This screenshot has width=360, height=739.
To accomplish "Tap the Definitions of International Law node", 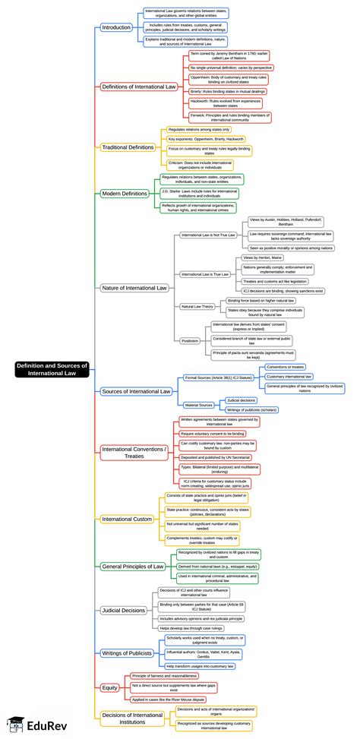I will [138, 87].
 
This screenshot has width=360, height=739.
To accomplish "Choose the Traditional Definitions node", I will [128, 147].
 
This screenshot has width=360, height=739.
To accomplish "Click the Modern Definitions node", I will [125, 194].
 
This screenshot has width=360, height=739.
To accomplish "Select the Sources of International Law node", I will [135, 391].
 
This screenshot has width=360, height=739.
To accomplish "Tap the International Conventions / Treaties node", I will [133, 453].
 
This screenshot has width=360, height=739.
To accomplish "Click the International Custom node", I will [128, 520].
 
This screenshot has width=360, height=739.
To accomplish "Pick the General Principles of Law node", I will [132, 566].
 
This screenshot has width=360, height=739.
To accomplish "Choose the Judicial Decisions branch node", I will [125, 610].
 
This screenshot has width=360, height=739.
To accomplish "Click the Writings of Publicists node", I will [127, 652].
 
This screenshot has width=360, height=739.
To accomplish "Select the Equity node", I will [110, 687].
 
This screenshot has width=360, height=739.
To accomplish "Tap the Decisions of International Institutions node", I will [133, 718].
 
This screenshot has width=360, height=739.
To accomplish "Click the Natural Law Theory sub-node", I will [196, 306].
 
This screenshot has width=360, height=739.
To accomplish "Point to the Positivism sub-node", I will [190, 341].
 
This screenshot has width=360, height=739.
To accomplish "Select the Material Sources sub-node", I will [199, 405].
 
